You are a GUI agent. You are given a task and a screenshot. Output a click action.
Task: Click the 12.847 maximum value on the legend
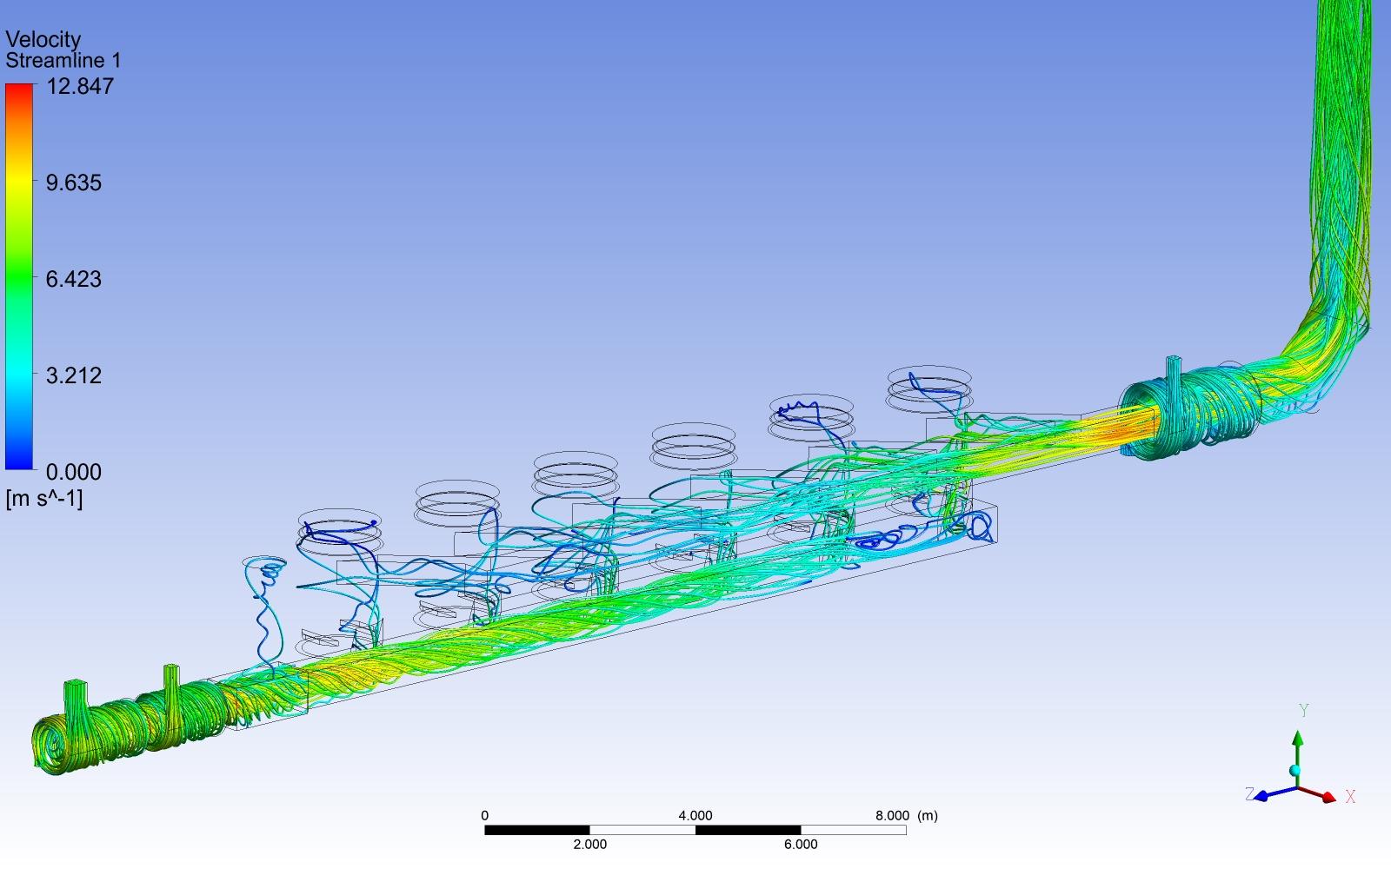click(x=80, y=86)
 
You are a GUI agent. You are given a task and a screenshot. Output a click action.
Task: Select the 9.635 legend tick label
click(x=73, y=182)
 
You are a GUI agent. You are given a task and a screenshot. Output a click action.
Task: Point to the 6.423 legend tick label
click(x=73, y=279)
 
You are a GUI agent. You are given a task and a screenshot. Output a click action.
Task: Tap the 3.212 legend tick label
click(x=73, y=375)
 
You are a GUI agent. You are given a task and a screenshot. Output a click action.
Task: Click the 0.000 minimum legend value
click(x=73, y=472)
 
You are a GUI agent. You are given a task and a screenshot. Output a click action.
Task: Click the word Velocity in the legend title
click(x=43, y=40)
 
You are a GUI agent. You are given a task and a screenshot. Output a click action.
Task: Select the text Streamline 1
click(x=63, y=61)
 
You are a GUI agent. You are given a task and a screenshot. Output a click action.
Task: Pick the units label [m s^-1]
click(x=43, y=499)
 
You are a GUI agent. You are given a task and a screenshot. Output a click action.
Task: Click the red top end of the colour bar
click(x=18, y=87)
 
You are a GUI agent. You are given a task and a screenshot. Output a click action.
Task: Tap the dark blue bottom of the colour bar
click(x=18, y=465)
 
